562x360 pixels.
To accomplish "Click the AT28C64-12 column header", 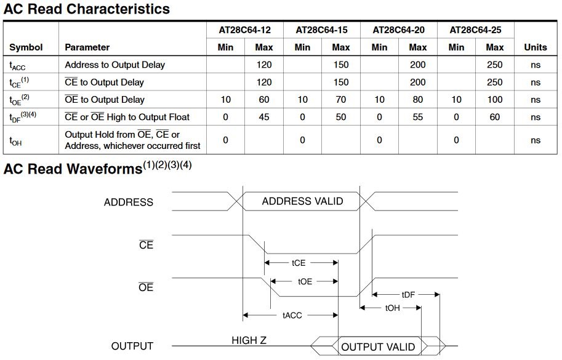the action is (245, 30).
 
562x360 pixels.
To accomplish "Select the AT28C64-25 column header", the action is (475, 30).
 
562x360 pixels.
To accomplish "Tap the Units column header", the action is (536, 47).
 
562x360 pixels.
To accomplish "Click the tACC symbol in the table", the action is (17, 66).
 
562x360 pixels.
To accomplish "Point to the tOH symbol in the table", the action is (15, 141).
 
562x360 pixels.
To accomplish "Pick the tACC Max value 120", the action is (264, 65).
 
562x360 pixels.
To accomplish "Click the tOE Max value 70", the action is (341, 100).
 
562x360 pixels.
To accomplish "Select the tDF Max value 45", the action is (264, 117).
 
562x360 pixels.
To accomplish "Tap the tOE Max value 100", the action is (495, 100).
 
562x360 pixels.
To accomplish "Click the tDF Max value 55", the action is (417, 117).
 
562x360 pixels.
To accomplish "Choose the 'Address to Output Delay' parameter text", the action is (114, 65).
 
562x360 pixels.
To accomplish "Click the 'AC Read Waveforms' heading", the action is (73, 169).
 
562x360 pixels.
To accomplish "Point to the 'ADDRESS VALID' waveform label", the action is (302, 201).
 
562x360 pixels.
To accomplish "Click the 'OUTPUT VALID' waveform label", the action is (378, 347).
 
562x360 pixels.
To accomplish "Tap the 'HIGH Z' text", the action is (249, 340).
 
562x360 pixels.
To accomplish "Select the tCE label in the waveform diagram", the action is (298, 263).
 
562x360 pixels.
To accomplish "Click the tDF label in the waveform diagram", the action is (408, 295).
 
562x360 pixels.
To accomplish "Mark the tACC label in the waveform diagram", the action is (292, 316).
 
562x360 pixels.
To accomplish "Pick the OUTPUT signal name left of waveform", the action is (132, 346).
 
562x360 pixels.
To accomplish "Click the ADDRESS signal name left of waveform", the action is (128, 202).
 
